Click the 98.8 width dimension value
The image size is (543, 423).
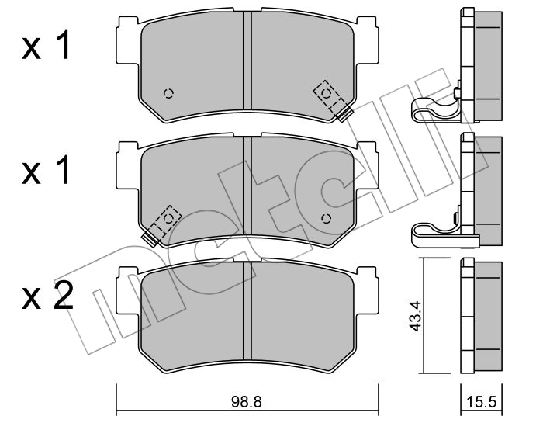click(246, 402)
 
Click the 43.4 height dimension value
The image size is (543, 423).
click(415, 316)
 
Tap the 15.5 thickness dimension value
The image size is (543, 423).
click(482, 402)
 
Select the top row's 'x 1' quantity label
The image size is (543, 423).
click(46, 45)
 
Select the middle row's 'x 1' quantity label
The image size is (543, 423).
click(46, 170)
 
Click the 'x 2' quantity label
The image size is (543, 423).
click(47, 295)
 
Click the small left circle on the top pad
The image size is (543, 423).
click(168, 94)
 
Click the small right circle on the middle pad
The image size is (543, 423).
click(327, 219)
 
